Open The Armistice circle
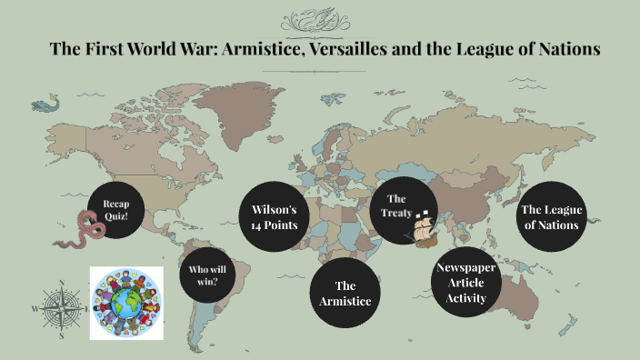345,293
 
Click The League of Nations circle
551,217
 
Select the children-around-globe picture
125,303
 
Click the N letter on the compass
61,281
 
